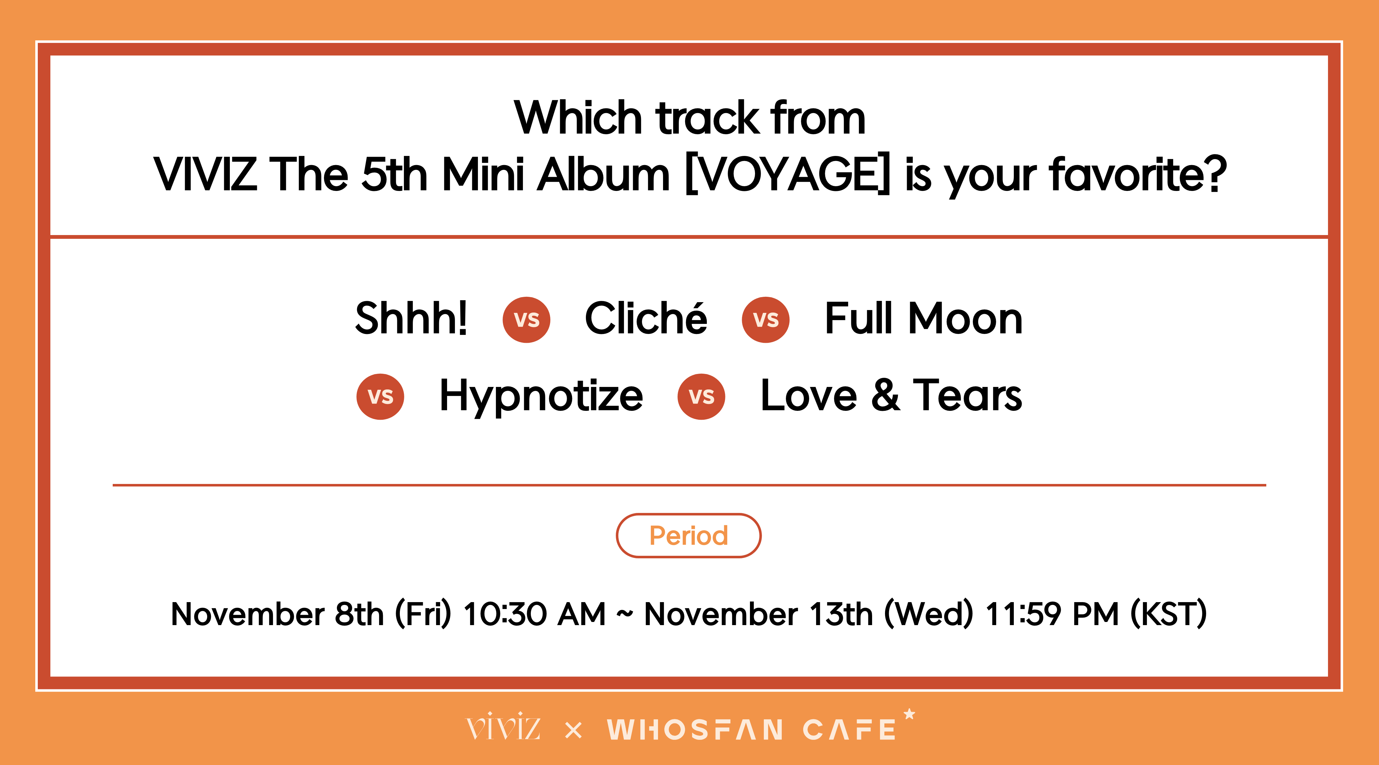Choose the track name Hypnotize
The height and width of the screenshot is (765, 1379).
pyautogui.click(x=541, y=396)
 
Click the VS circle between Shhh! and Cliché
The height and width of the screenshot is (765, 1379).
pyautogui.click(x=526, y=320)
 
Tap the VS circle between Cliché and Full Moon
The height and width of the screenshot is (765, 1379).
pyautogui.click(x=765, y=320)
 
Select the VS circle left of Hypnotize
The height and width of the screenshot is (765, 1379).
pyautogui.click(x=380, y=396)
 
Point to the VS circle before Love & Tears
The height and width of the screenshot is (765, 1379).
pyautogui.click(x=701, y=396)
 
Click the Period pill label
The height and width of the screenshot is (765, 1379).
pyautogui.click(x=689, y=536)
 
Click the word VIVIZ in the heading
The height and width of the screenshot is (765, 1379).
pyautogui.click(x=205, y=174)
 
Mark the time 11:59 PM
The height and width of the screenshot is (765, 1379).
pyautogui.click(x=1053, y=614)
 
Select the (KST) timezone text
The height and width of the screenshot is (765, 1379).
pyautogui.click(x=1169, y=614)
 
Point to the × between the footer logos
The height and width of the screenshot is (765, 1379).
pyautogui.click(x=573, y=730)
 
